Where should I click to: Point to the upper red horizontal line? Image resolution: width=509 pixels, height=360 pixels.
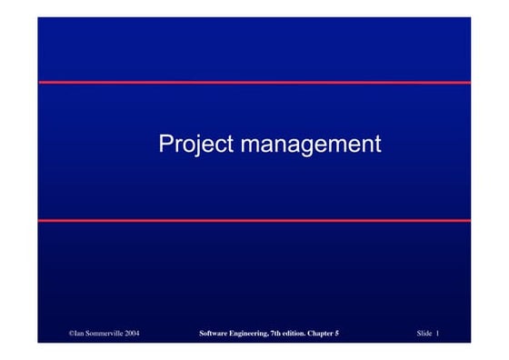[x=254, y=82]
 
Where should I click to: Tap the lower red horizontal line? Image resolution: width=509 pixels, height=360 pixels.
[x=254, y=220]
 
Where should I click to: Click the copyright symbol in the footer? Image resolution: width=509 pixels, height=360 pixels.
[x=72, y=335]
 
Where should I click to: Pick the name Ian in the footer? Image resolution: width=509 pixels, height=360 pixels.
[x=80, y=335]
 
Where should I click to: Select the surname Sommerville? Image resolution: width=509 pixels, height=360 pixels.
[x=105, y=335]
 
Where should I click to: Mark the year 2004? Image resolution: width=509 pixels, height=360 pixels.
[x=133, y=335]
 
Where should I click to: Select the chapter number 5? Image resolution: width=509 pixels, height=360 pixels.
[x=337, y=335]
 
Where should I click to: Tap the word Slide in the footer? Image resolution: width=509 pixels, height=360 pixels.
[x=424, y=335]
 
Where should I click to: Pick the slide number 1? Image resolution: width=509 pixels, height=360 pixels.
[x=438, y=335]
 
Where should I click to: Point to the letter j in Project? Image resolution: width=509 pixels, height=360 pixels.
[x=195, y=145]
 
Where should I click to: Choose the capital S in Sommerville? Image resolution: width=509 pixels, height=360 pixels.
[x=91, y=335]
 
